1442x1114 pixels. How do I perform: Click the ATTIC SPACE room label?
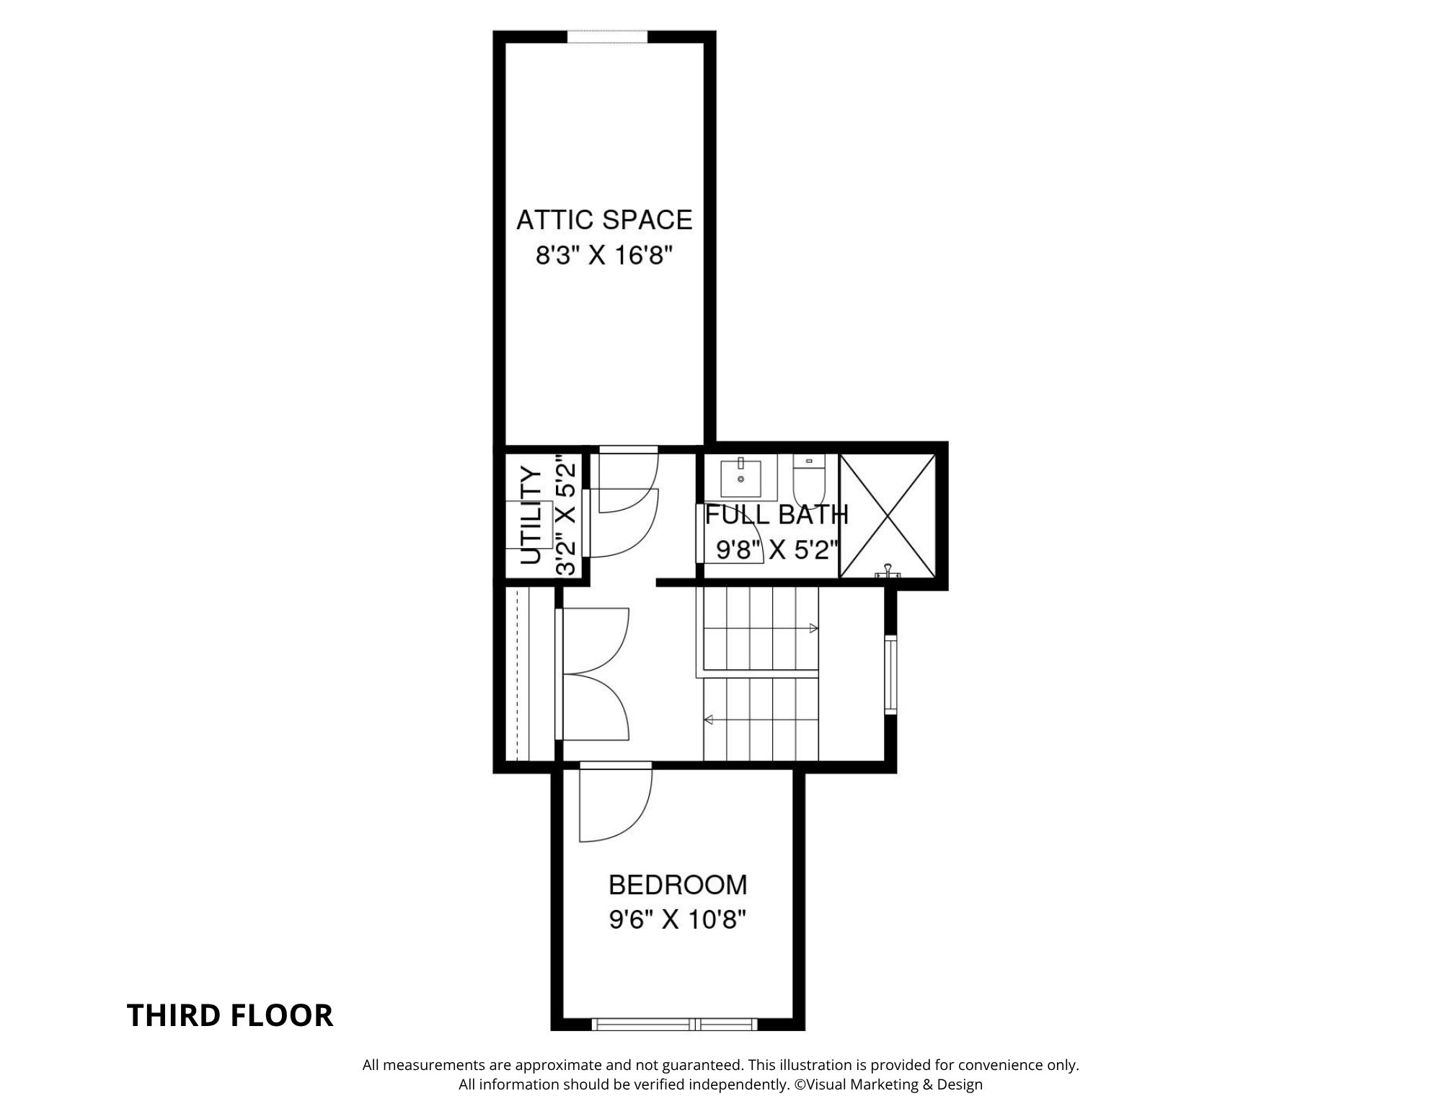[x=604, y=219]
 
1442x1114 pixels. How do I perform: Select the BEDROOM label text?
[x=678, y=885]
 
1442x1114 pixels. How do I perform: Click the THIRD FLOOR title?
[x=230, y=1015]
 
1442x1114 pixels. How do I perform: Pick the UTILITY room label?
[x=531, y=516]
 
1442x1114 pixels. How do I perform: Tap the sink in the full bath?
[x=740, y=477]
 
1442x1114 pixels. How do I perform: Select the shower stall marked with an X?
[x=888, y=516]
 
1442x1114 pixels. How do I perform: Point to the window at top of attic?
[x=607, y=37]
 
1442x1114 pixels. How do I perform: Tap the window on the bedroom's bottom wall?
[x=674, y=1024]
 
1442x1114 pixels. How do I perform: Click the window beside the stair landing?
[x=891, y=675]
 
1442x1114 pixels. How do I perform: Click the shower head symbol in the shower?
[x=889, y=572]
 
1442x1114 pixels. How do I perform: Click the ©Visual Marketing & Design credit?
[x=888, y=1084]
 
